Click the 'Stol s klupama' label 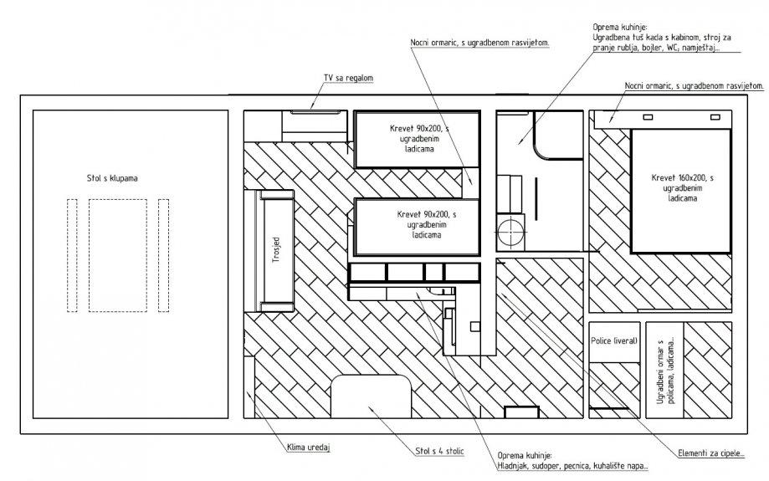point(112,178)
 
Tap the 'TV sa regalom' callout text point(348,78)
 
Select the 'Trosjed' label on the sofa point(276,251)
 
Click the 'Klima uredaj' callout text point(309,448)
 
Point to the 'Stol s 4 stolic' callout point(439,451)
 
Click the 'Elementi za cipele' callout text point(711,453)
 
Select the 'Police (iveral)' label point(614,340)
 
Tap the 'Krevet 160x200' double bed point(681,191)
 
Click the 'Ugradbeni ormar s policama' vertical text point(665,371)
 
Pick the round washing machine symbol point(510,230)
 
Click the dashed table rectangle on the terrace point(118,255)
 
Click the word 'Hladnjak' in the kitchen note point(512,466)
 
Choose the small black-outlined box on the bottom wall point(522,412)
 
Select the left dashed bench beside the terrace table point(72,255)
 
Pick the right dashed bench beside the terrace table point(164,255)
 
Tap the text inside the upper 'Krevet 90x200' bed point(419,139)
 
